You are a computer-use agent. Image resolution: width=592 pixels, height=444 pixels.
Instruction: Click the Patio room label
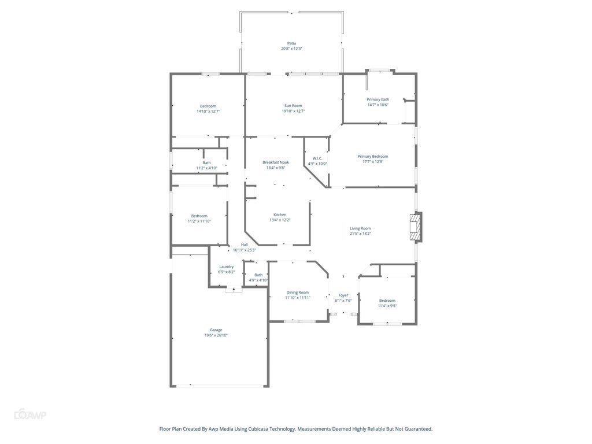click(x=291, y=43)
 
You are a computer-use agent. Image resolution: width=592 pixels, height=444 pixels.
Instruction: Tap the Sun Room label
click(x=293, y=106)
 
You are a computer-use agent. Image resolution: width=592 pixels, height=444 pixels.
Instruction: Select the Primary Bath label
click(x=378, y=99)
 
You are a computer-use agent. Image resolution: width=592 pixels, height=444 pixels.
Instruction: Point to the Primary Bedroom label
click(x=372, y=156)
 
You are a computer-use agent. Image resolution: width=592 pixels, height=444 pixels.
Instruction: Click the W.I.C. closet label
click(x=317, y=158)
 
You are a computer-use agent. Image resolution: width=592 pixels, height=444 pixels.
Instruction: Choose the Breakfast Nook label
click(x=275, y=162)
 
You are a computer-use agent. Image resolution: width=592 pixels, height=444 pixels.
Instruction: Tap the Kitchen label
click(x=280, y=214)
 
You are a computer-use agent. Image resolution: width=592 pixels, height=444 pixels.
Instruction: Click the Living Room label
click(x=360, y=228)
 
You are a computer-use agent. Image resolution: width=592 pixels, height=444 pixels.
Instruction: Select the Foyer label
click(x=343, y=295)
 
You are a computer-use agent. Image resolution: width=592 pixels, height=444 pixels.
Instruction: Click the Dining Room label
click(x=297, y=293)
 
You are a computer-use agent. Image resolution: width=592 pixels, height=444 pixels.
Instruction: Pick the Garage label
click(x=216, y=330)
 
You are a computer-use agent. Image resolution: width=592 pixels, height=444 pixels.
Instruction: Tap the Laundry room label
click(x=226, y=267)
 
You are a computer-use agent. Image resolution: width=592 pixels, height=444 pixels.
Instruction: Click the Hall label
click(x=245, y=245)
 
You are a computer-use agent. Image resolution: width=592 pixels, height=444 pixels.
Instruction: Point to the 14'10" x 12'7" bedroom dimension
click(x=208, y=112)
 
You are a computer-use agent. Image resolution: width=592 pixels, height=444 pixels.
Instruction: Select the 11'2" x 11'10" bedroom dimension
click(x=199, y=221)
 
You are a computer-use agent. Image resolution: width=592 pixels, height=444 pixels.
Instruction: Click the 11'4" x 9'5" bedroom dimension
click(x=387, y=306)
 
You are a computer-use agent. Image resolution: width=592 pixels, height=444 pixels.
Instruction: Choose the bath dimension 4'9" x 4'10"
click(x=258, y=280)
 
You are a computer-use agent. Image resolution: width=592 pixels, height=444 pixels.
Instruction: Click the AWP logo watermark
click(x=30, y=415)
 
